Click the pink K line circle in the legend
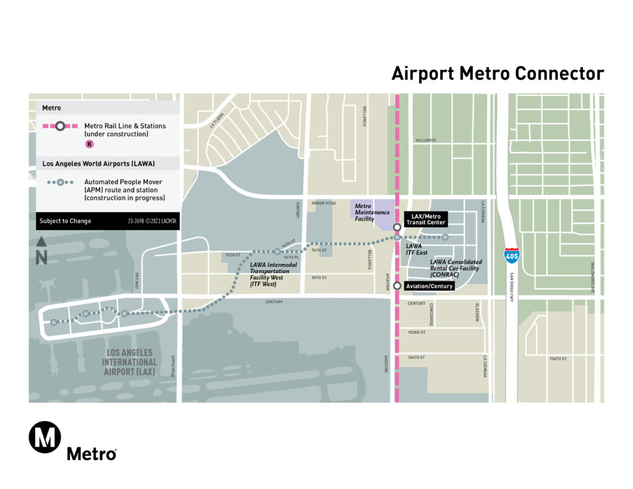(90, 144)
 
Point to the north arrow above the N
(41, 242)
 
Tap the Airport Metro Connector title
(498, 74)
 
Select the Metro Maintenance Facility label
(373, 212)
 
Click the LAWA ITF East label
(417, 249)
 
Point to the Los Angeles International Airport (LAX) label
(129, 362)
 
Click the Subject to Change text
(66, 221)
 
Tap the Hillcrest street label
(426, 140)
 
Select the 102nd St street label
(417, 333)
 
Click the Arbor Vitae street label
(323, 203)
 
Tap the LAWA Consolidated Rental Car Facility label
(456, 268)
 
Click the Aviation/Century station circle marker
(397, 286)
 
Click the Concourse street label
(430, 316)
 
